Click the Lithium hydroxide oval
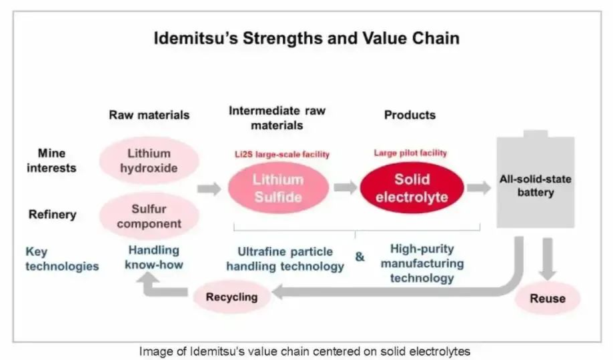pyautogui.click(x=149, y=160)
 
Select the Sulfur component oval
pyautogui.click(x=149, y=216)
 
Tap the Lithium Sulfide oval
pyautogui.click(x=278, y=188)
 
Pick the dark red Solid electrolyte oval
pyautogui.click(x=412, y=188)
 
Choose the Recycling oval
pyautogui.click(x=232, y=297)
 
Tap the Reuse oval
pyautogui.click(x=548, y=298)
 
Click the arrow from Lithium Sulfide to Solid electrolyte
pyautogui.click(x=346, y=187)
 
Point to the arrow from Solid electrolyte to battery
pyautogui.click(x=479, y=187)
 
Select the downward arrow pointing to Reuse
pyautogui.click(x=548, y=259)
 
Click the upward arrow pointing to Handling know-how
pyautogui.click(x=164, y=285)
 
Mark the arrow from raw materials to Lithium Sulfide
pyautogui.click(x=209, y=189)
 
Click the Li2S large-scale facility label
pyautogui.click(x=282, y=155)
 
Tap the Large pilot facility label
pyautogui.click(x=410, y=153)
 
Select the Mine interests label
pyautogui.click(x=51, y=160)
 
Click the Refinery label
pyautogui.click(x=53, y=214)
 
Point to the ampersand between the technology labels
pyautogui.click(x=360, y=257)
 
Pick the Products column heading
pyautogui.click(x=410, y=115)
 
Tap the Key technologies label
pyautogui.click(x=62, y=259)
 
